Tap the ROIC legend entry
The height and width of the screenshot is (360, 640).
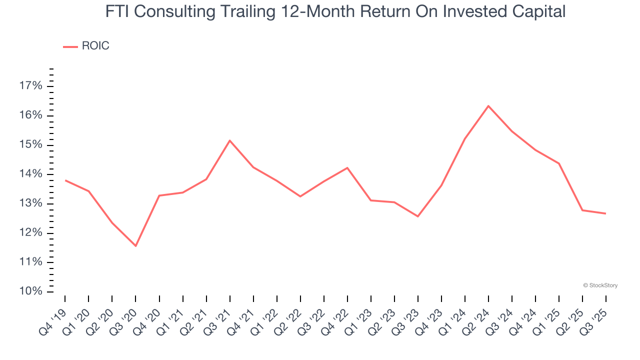point(86,46)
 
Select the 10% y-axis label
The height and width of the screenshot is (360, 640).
point(30,291)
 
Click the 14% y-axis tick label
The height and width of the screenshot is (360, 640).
point(30,174)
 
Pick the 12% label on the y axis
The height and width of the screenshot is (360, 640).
point(30,233)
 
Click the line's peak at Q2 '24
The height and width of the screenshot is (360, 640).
point(488,106)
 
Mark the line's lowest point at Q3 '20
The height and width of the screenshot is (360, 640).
point(135,246)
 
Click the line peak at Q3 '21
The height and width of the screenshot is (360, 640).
point(229,140)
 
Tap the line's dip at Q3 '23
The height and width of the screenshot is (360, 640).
point(417,216)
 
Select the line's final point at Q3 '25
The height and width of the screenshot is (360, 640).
point(605,213)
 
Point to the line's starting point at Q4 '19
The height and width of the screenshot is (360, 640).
point(65,180)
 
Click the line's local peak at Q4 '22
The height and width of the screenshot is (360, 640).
point(347,167)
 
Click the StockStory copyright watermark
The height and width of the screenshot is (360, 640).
point(600,285)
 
